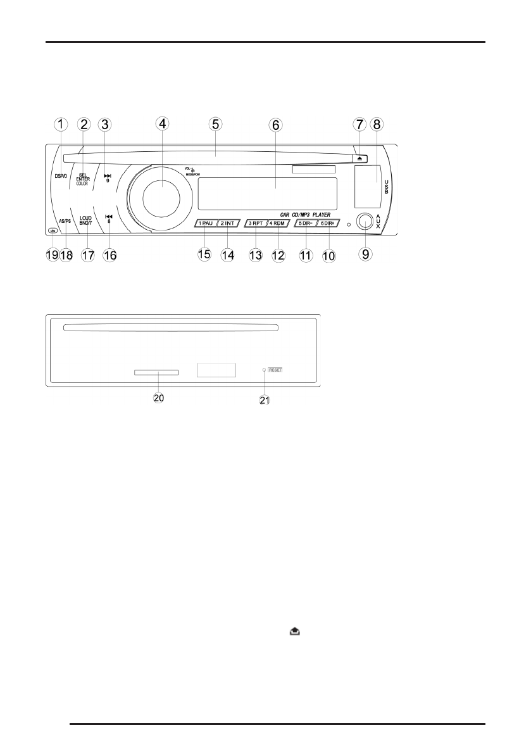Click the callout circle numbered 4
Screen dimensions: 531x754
[x=163, y=124]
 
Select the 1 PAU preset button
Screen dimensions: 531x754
[x=206, y=223]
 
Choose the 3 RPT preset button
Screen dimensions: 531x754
[x=255, y=223]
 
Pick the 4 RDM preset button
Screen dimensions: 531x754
[x=277, y=223]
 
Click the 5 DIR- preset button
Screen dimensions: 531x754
[x=304, y=223]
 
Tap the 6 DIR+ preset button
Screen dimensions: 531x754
[x=328, y=223]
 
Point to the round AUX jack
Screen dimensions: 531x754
[x=364, y=222]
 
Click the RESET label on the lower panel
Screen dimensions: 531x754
[x=275, y=369]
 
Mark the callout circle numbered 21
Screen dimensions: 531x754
[x=265, y=401]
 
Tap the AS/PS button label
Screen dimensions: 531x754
[x=64, y=221]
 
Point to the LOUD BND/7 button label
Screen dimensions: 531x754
[x=86, y=221]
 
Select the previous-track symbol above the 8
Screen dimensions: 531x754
[x=109, y=217]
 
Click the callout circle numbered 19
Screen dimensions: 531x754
[x=51, y=254]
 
